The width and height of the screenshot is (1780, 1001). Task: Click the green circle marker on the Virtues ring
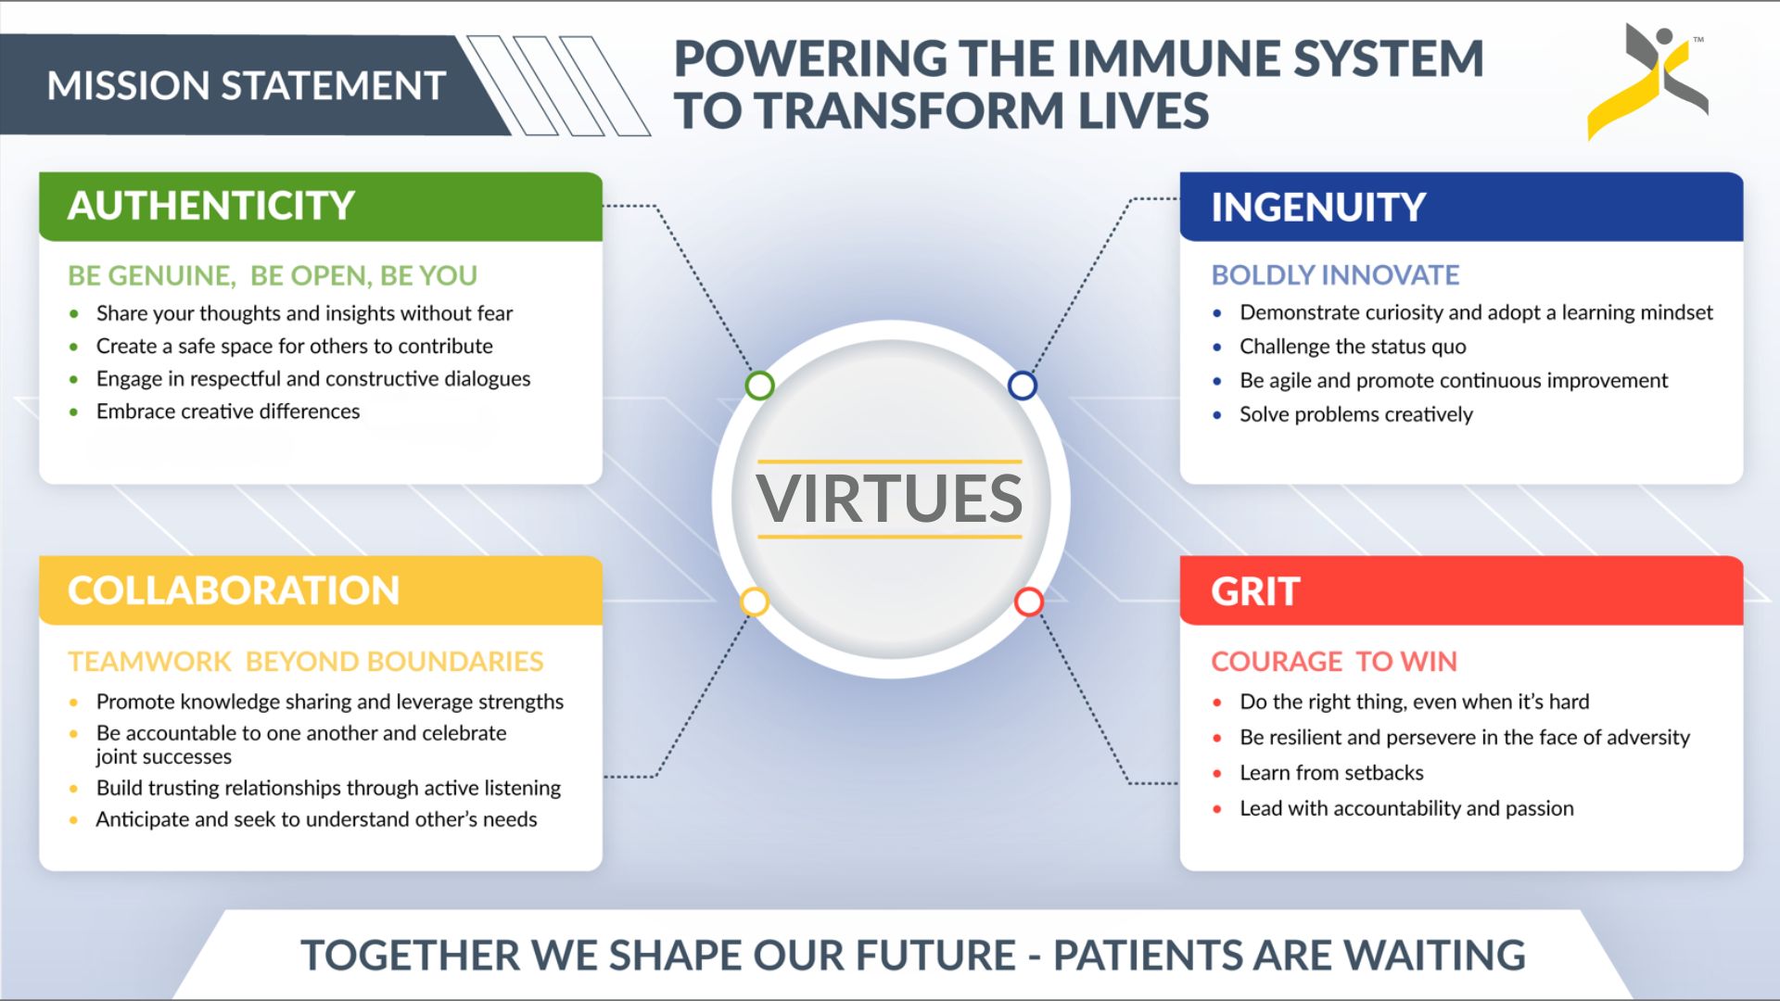click(x=759, y=385)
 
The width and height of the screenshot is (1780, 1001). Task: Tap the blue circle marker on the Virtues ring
click(x=1022, y=385)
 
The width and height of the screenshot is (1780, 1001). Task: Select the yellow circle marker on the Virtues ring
click(x=755, y=602)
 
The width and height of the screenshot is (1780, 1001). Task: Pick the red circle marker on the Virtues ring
click(x=1028, y=602)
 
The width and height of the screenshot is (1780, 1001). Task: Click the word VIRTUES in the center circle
click(x=889, y=499)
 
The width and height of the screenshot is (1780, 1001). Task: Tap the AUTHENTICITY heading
click(x=211, y=206)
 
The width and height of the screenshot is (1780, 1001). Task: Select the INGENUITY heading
click(x=1318, y=207)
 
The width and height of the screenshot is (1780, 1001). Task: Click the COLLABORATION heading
click(x=234, y=590)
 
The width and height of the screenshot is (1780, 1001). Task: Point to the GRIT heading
click(x=1255, y=591)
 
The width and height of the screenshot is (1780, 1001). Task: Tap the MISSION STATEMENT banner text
click(x=247, y=85)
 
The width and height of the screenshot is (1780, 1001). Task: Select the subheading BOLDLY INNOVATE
click(x=1335, y=275)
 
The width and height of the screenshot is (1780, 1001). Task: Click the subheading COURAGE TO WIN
click(x=1334, y=662)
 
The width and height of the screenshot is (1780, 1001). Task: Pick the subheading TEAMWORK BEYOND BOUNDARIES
click(x=306, y=662)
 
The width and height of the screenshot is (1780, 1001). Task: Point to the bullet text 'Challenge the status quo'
click(x=1353, y=347)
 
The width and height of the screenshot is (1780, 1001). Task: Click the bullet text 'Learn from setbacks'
click(x=1331, y=773)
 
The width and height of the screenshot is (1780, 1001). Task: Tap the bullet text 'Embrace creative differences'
click(x=228, y=412)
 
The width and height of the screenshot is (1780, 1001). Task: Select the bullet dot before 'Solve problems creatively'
click(x=1217, y=415)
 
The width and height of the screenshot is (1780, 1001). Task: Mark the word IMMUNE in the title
click(x=1172, y=58)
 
